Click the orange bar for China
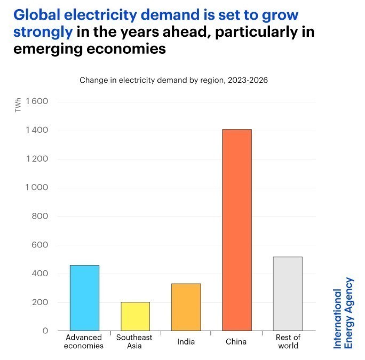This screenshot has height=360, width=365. tap(237, 230)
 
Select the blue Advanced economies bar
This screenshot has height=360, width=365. tap(84, 298)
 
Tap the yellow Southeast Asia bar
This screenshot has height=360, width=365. tap(135, 316)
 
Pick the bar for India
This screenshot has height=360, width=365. tap(186, 307)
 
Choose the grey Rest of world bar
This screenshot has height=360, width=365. tap(288, 293)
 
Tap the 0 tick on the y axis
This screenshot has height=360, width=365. tap(46, 331)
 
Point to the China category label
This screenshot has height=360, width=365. tap(237, 341)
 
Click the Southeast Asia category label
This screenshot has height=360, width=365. tap(134, 341)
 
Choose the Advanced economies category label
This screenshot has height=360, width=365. tap(84, 341)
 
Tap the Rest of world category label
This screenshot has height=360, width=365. tap(288, 341)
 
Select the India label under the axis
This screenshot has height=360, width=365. tap(186, 341)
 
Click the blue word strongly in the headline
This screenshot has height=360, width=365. tap(42, 32)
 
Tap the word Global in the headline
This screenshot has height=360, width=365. tap(34, 14)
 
